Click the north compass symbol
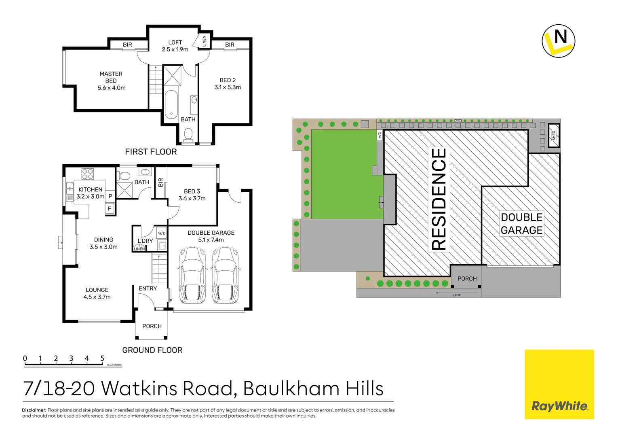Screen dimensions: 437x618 point(558,41)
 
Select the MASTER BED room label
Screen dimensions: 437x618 point(111,77)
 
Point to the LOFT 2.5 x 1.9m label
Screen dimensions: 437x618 point(175,46)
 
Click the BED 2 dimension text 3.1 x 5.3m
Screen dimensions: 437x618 point(228,87)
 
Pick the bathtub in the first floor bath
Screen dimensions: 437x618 point(171,105)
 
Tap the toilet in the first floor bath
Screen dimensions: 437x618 point(188,134)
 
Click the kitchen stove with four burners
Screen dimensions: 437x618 point(88,174)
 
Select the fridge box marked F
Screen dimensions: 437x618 point(110,209)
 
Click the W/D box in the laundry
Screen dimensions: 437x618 point(162,233)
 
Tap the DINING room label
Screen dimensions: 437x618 point(103,240)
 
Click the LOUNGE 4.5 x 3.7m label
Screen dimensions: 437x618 point(97,293)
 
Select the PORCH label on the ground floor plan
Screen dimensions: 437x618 point(152,326)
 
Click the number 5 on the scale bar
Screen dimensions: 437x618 point(102,358)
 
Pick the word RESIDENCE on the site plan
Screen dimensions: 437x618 point(439,199)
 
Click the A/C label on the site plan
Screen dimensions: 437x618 point(380,135)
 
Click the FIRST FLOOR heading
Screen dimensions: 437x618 point(151,152)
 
